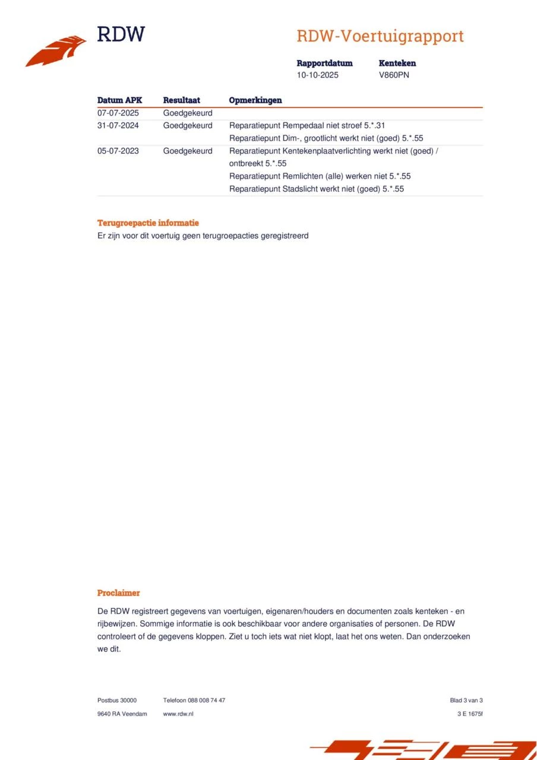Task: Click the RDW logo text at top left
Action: [x=121, y=34]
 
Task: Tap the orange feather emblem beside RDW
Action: [x=56, y=52]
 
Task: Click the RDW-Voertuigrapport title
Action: [x=380, y=36]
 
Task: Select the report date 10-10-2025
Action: [x=318, y=75]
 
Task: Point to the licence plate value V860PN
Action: [x=394, y=75]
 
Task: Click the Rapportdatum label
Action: [x=324, y=63]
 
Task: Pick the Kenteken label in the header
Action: [x=397, y=63]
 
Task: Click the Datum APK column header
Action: [x=119, y=100]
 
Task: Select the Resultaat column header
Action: [x=181, y=100]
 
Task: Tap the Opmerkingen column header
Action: [x=255, y=100]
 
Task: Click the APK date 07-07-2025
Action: [x=118, y=113]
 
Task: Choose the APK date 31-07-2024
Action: [x=118, y=126]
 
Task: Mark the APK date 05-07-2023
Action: [x=118, y=151]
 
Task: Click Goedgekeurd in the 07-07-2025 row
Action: [x=188, y=113]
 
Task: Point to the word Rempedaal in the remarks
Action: [x=304, y=126]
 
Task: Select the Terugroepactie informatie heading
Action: [x=148, y=223]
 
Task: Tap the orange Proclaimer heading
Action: [x=119, y=593]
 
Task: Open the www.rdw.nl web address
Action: [x=178, y=714]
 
